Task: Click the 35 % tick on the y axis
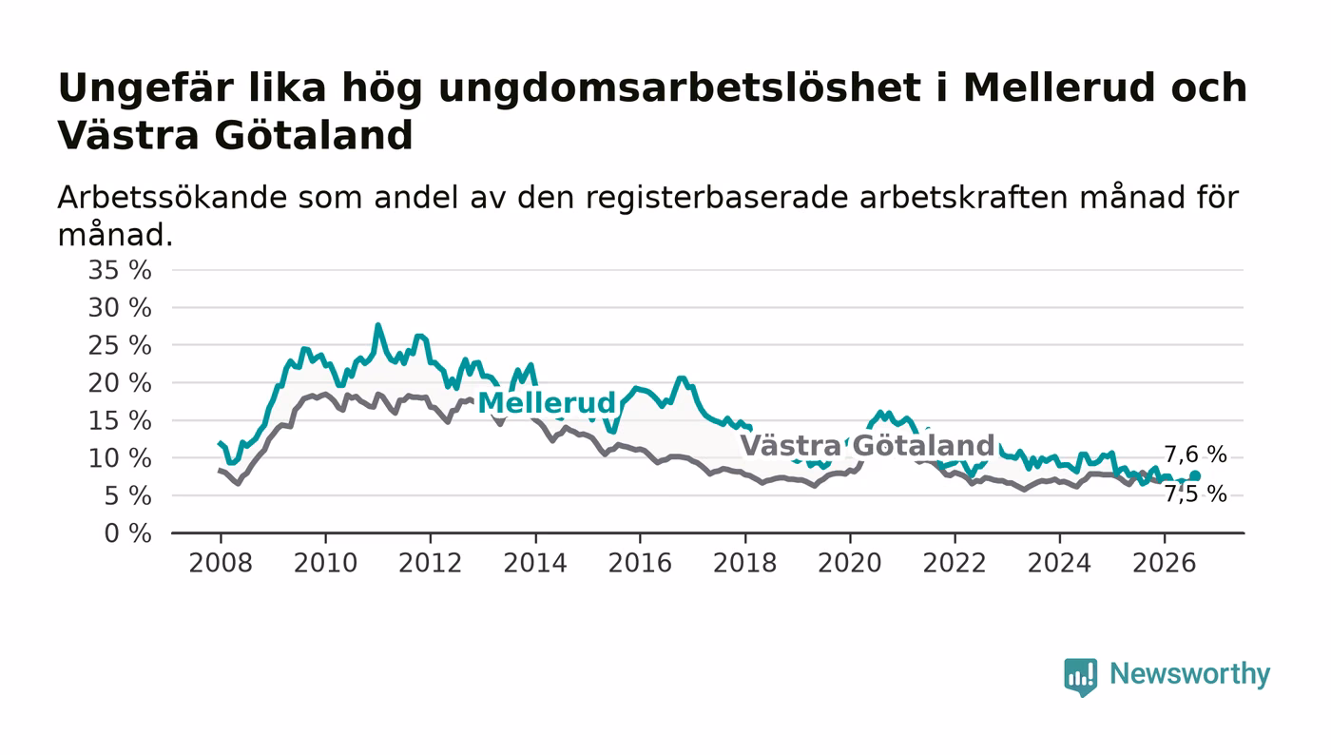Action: [x=120, y=270]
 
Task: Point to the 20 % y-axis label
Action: [x=120, y=383]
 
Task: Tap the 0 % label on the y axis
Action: [x=127, y=533]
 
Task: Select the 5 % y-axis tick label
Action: [x=127, y=495]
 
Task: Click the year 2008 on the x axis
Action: [x=221, y=563]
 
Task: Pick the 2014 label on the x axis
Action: [x=535, y=563]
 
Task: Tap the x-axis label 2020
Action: [x=850, y=563]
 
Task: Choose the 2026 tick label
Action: [x=1164, y=563]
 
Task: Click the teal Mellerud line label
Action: [x=547, y=403]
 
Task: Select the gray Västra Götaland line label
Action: [x=867, y=445]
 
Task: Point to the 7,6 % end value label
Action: [x=1196, y=455]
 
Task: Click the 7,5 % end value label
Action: [x=1196, y=494]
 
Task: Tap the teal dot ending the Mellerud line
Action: [x=1195, y=475]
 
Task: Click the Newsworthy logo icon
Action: [x=1081, y=677]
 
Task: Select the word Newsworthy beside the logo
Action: [x=1190, y=674]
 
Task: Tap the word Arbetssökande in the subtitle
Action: [x=172, y=198]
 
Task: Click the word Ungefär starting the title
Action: [x=146, y=89]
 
